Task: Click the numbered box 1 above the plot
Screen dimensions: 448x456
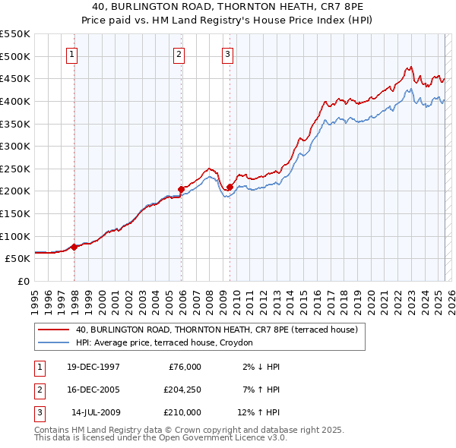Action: point(71,54)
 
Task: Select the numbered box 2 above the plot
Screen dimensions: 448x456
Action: point(179,54)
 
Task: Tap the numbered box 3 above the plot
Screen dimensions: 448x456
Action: point(226,54)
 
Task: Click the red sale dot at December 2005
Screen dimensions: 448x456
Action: point(182,189)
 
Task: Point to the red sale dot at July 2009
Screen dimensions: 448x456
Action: point(230,186)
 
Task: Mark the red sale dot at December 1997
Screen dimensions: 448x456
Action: point(74,247)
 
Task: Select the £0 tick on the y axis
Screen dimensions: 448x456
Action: point(23,281)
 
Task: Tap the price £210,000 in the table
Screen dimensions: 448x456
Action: point(181,412)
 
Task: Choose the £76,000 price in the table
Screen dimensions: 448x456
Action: point(184,367)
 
